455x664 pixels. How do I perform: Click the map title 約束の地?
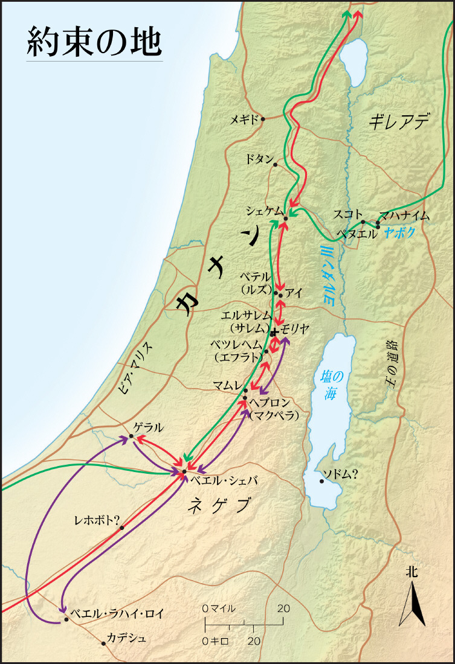(x=94, y=42)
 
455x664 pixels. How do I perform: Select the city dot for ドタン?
(x=276, y=165)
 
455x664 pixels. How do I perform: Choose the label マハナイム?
(x=404, y=215)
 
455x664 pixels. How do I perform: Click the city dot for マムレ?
(x=245, y=391)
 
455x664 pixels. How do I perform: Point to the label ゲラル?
(x=149, y=427)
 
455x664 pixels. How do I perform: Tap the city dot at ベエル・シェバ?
(x=184, y=471)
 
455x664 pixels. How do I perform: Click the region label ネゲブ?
(x=219, y=506)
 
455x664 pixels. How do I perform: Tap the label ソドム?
(x=341, y=474)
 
